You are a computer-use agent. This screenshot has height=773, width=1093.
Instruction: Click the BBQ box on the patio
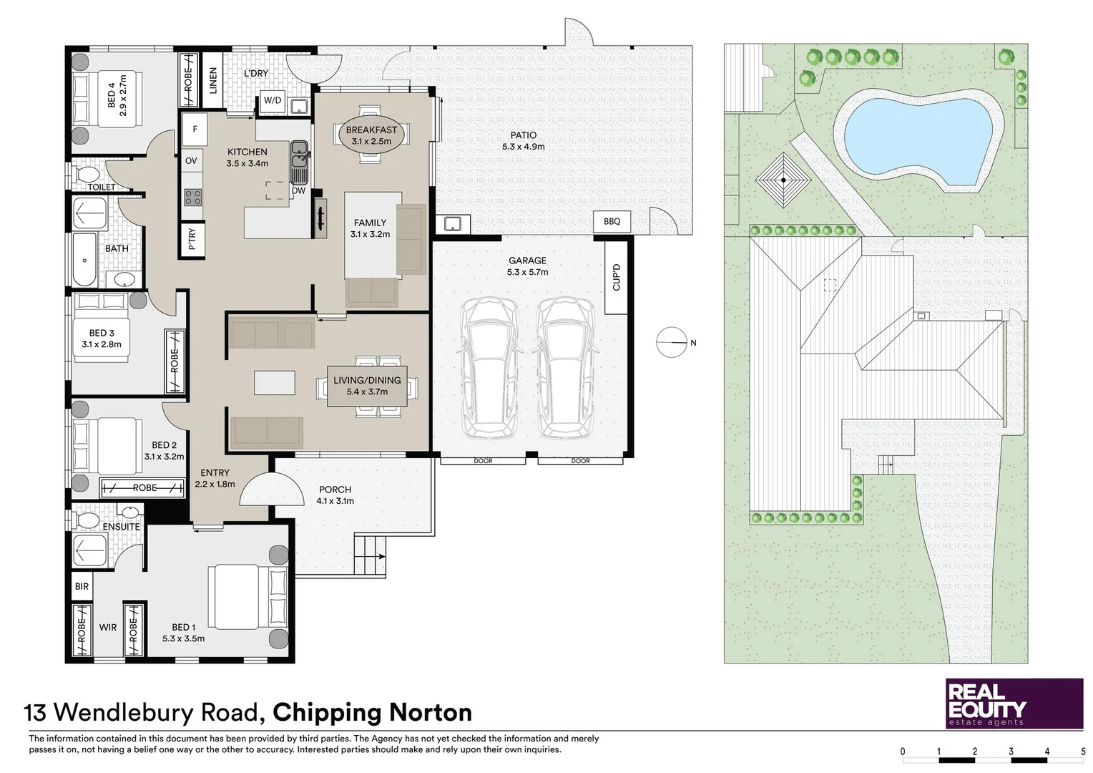point(612,222)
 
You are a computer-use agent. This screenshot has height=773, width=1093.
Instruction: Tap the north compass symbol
point(672,343)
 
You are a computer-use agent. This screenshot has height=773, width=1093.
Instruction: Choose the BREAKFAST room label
point(371,130)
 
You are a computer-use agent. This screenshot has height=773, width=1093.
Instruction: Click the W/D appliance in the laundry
point(273,101)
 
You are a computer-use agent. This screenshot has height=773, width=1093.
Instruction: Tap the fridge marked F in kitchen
point(195,130)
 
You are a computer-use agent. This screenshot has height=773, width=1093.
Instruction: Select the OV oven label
point(191,161)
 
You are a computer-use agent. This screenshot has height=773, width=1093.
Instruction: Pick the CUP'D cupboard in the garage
point(616,278)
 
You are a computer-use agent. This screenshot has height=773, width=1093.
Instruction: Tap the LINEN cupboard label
point(212,81)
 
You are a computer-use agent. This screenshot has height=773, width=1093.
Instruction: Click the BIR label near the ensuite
point(82,586)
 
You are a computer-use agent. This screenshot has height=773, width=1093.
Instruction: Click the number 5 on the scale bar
point(1083,752)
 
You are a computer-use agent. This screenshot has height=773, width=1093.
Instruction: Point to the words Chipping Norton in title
point(372,713)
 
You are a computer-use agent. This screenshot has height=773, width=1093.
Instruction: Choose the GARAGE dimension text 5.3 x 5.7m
point(527,272)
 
